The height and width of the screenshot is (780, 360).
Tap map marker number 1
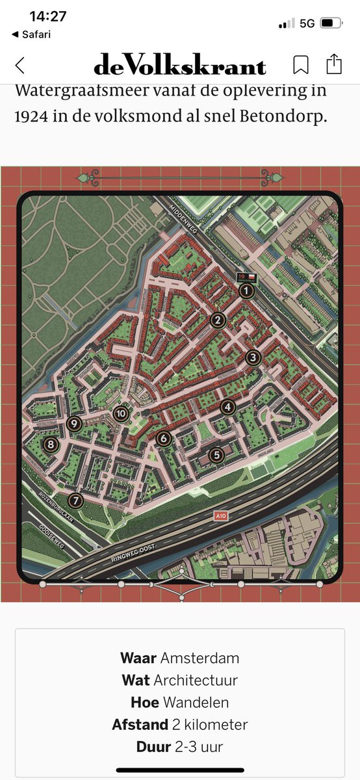pos(246,291)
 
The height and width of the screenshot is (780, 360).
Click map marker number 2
pos(218,320)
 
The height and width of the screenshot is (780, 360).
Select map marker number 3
pos(253,357)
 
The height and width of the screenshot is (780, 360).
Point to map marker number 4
pos(227,408)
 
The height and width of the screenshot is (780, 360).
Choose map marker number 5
pos(216,455)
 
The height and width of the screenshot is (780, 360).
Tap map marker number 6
pos(163,439)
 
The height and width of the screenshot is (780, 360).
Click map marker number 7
pos(76,500)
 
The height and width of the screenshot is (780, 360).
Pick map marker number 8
pos(50,445)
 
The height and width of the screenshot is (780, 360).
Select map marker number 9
pos(73,424)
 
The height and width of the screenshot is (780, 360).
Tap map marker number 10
pos(121,413)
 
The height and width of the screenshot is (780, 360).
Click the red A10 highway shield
pos(222,515)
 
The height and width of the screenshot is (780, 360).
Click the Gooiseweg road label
pos(52,537)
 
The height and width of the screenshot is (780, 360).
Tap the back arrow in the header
pos(19,65)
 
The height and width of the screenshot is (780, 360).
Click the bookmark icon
pos(300,64)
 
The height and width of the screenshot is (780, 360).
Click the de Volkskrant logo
pos(180,65)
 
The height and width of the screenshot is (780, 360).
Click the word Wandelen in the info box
pos(196,702)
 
